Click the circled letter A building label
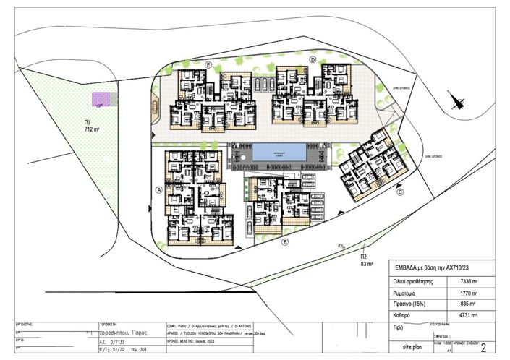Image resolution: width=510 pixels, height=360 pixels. [x=157, y=191]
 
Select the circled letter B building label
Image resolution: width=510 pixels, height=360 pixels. [x=285, y=242]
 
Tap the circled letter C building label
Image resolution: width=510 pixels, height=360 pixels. [x=401, y=192]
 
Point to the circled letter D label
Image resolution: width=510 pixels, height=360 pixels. [x=313, y=59]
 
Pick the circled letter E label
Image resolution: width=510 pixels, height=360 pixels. [x=208, y=66]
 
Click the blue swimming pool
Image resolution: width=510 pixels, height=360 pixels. [x=279, y=154]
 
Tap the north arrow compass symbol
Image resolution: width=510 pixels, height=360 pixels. [x=455, y=100]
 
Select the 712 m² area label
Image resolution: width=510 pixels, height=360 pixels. [x=92, y=130]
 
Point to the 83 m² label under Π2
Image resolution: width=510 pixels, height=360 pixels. [x=367, y=264]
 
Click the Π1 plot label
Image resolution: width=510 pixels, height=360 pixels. [x=87, y=123]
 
